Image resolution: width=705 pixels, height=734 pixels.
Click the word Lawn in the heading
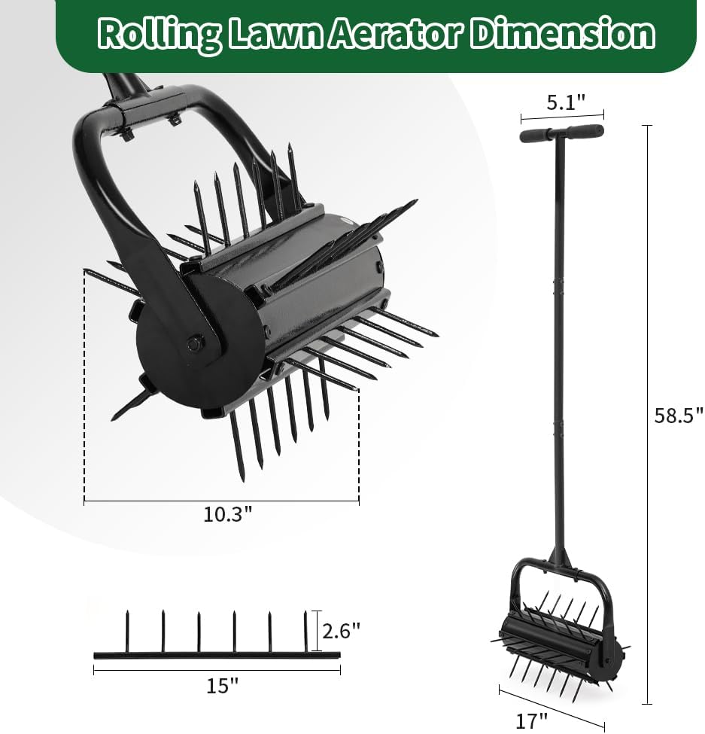(275, 34)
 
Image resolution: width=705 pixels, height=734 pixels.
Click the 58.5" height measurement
(678, 415)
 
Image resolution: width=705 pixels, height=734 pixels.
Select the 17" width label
(531, 720)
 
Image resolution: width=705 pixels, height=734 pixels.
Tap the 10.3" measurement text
(227, 514)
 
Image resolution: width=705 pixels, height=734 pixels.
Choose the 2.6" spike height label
(341, 630)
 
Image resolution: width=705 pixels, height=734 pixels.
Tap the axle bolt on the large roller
(193, 343)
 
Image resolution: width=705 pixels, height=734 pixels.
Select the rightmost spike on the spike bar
(305, 631)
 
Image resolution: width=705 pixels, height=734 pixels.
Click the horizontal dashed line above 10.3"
(221, 500)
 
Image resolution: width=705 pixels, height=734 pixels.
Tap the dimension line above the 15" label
(217, 669)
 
